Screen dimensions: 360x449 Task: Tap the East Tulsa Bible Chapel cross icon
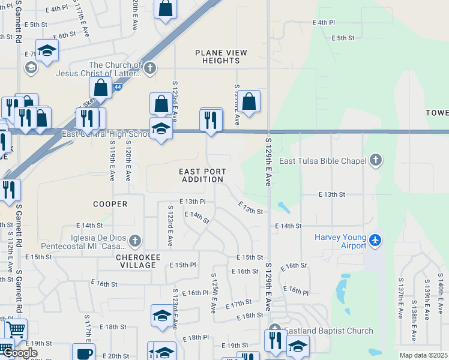[x=376, y=160]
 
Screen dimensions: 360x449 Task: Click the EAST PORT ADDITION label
[x=203, y=175]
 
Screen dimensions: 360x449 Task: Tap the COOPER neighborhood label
[x=110, y=204]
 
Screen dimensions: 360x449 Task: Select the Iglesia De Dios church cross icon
[x=135, y=241]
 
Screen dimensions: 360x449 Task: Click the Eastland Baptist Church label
[x=328, y=331]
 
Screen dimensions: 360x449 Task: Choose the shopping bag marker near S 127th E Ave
[x=249, y=101]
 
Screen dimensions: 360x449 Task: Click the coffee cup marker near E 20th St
[x=83, y=353]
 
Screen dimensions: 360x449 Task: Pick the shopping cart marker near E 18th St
[x=16, y=329]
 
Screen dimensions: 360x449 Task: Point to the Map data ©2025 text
[x=423, y=355]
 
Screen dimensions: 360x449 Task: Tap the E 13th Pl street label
[x=192, y=202]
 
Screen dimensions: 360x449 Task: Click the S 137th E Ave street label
[x=400, y=298]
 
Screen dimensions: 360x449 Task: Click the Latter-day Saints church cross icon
[x=149, y=68]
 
